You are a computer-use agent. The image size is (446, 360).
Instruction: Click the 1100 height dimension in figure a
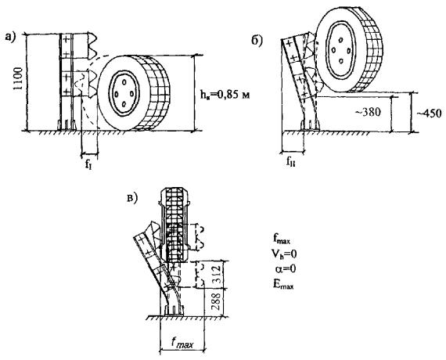[x=18, y=78]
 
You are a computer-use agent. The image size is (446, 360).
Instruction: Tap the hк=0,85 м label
[x=225, y=94]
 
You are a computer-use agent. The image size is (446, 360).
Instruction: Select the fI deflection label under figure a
[x=88, y=164]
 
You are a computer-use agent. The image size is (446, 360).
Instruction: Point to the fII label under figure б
[x=291, y=164]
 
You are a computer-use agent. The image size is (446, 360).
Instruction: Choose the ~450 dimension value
[x=430, y=113]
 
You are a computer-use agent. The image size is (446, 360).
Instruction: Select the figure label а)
[x=10, y=37]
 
